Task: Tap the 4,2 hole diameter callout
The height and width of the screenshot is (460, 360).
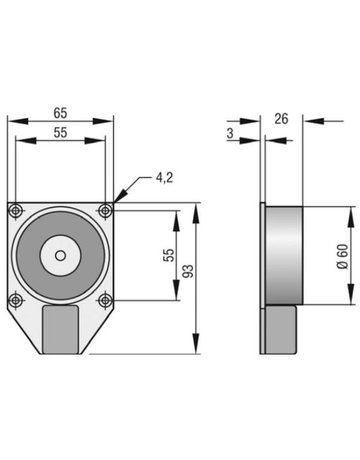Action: (x=165, y=179)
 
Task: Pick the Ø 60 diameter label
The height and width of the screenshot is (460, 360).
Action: (x=344, y=256)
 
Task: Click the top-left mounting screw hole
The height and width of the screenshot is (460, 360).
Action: (x=16, y=210)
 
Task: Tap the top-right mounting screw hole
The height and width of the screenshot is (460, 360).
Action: (x=106, y=210)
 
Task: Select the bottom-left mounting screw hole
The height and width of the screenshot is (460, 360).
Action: (x=16, y=300)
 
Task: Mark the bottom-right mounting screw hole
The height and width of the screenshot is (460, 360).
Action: (x=106, y=300)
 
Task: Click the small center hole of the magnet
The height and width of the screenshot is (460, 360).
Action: (x=61, y=255)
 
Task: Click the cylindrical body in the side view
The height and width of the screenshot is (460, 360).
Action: (x=282, y=255)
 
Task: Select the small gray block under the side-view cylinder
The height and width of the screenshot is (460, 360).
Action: (x=282, y=329)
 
